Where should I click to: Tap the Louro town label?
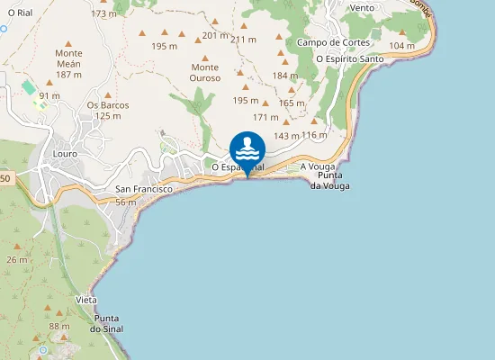point(65,154)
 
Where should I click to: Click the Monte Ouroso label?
point(205,73)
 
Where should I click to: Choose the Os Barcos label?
point(108,110)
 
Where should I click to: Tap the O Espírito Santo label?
point(350,58)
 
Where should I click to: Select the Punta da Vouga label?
point(329,180)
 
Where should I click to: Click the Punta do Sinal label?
point(107,324)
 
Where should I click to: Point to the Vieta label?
point(86,300)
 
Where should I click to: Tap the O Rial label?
point(20,13)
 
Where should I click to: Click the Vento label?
point(362,7)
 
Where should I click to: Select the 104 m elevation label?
point(402,45)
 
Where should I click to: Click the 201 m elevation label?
point(215,35)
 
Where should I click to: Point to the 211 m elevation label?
point(244,40)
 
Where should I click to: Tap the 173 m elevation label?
point(104,13)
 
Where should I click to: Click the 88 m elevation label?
point(59,326)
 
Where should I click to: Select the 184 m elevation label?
point(284,76)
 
